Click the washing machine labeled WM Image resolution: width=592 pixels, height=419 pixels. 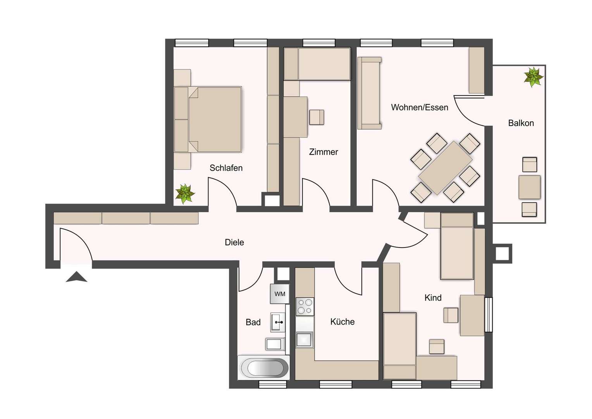coord(280,294)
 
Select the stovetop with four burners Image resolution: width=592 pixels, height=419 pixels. coord(305,306)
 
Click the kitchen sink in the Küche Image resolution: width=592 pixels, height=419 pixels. coord(304,339)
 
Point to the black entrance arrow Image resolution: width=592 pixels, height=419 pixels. coord(76,277)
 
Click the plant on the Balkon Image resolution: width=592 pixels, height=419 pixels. coord(533,76)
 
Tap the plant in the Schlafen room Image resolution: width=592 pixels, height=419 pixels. coord(185,193)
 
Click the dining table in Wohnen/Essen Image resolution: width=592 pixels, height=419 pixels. coord(445,168)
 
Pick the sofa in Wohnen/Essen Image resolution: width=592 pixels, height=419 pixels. coord(370,93)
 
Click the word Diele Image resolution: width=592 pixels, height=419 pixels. coord(234,242)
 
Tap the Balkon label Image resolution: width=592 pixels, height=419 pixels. coord(521,123)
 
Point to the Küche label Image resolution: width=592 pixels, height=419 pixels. coord(342,322)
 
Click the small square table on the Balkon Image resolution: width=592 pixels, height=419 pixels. coord(529,187)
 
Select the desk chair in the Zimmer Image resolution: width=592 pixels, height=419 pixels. coord(317,117)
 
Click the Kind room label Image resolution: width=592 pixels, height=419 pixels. coord(433,298)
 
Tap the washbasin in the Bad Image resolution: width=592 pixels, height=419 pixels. coord(277,322)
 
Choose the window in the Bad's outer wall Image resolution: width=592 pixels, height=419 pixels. coord(272,384)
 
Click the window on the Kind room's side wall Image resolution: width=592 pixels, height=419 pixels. coord(489,315)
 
